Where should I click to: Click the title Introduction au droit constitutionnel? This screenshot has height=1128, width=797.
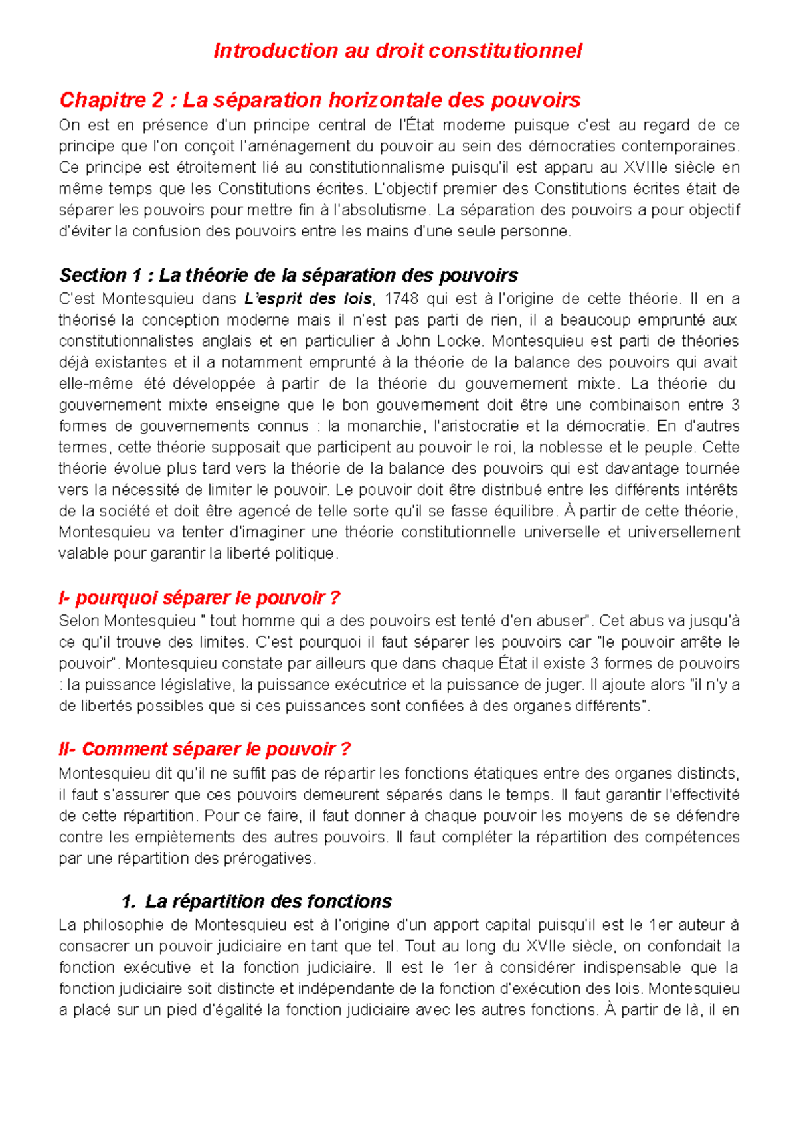point(397,51)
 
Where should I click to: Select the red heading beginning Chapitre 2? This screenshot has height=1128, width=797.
point(320,100)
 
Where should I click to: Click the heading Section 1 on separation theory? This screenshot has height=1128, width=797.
point(288,275)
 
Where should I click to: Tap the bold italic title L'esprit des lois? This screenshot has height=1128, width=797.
point(308,299)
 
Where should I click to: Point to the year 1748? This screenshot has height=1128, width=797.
point(401,299)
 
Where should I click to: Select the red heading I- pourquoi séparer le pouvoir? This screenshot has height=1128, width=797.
point(199,598)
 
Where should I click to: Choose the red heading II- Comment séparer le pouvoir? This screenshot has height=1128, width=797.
point(205,749)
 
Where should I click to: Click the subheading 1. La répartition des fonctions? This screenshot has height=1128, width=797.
point(257,901)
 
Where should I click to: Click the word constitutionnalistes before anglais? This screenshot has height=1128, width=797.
point(126,341)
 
